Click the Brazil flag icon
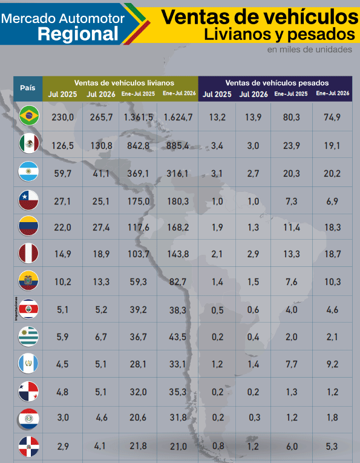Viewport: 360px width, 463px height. [29, 116]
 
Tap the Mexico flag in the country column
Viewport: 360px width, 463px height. [29, 144]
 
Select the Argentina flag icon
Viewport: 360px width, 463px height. [28, 171]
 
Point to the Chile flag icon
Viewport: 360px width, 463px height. [28, 200]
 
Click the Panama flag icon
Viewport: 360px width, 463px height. [28, 392]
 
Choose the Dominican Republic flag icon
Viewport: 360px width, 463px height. [28, 447]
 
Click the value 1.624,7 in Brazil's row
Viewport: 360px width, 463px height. [178, 117]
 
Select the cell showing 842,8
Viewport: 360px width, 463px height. [139, 146]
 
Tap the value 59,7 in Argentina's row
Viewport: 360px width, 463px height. [62, 173]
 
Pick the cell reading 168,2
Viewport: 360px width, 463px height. [178, 228]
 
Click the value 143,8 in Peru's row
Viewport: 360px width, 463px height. [178, 254]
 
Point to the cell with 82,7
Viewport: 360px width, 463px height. [178, 282]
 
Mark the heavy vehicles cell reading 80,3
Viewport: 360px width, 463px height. [292, 117]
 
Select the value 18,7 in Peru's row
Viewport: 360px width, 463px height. [333, 254]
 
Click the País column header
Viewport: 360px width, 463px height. [28, 88]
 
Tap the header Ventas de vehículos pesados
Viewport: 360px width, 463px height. [277, 83]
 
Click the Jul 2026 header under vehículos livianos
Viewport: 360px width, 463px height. [101, 94]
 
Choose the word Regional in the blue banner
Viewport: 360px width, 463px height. [78, 34]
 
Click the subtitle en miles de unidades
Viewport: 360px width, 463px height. [310, 49]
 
